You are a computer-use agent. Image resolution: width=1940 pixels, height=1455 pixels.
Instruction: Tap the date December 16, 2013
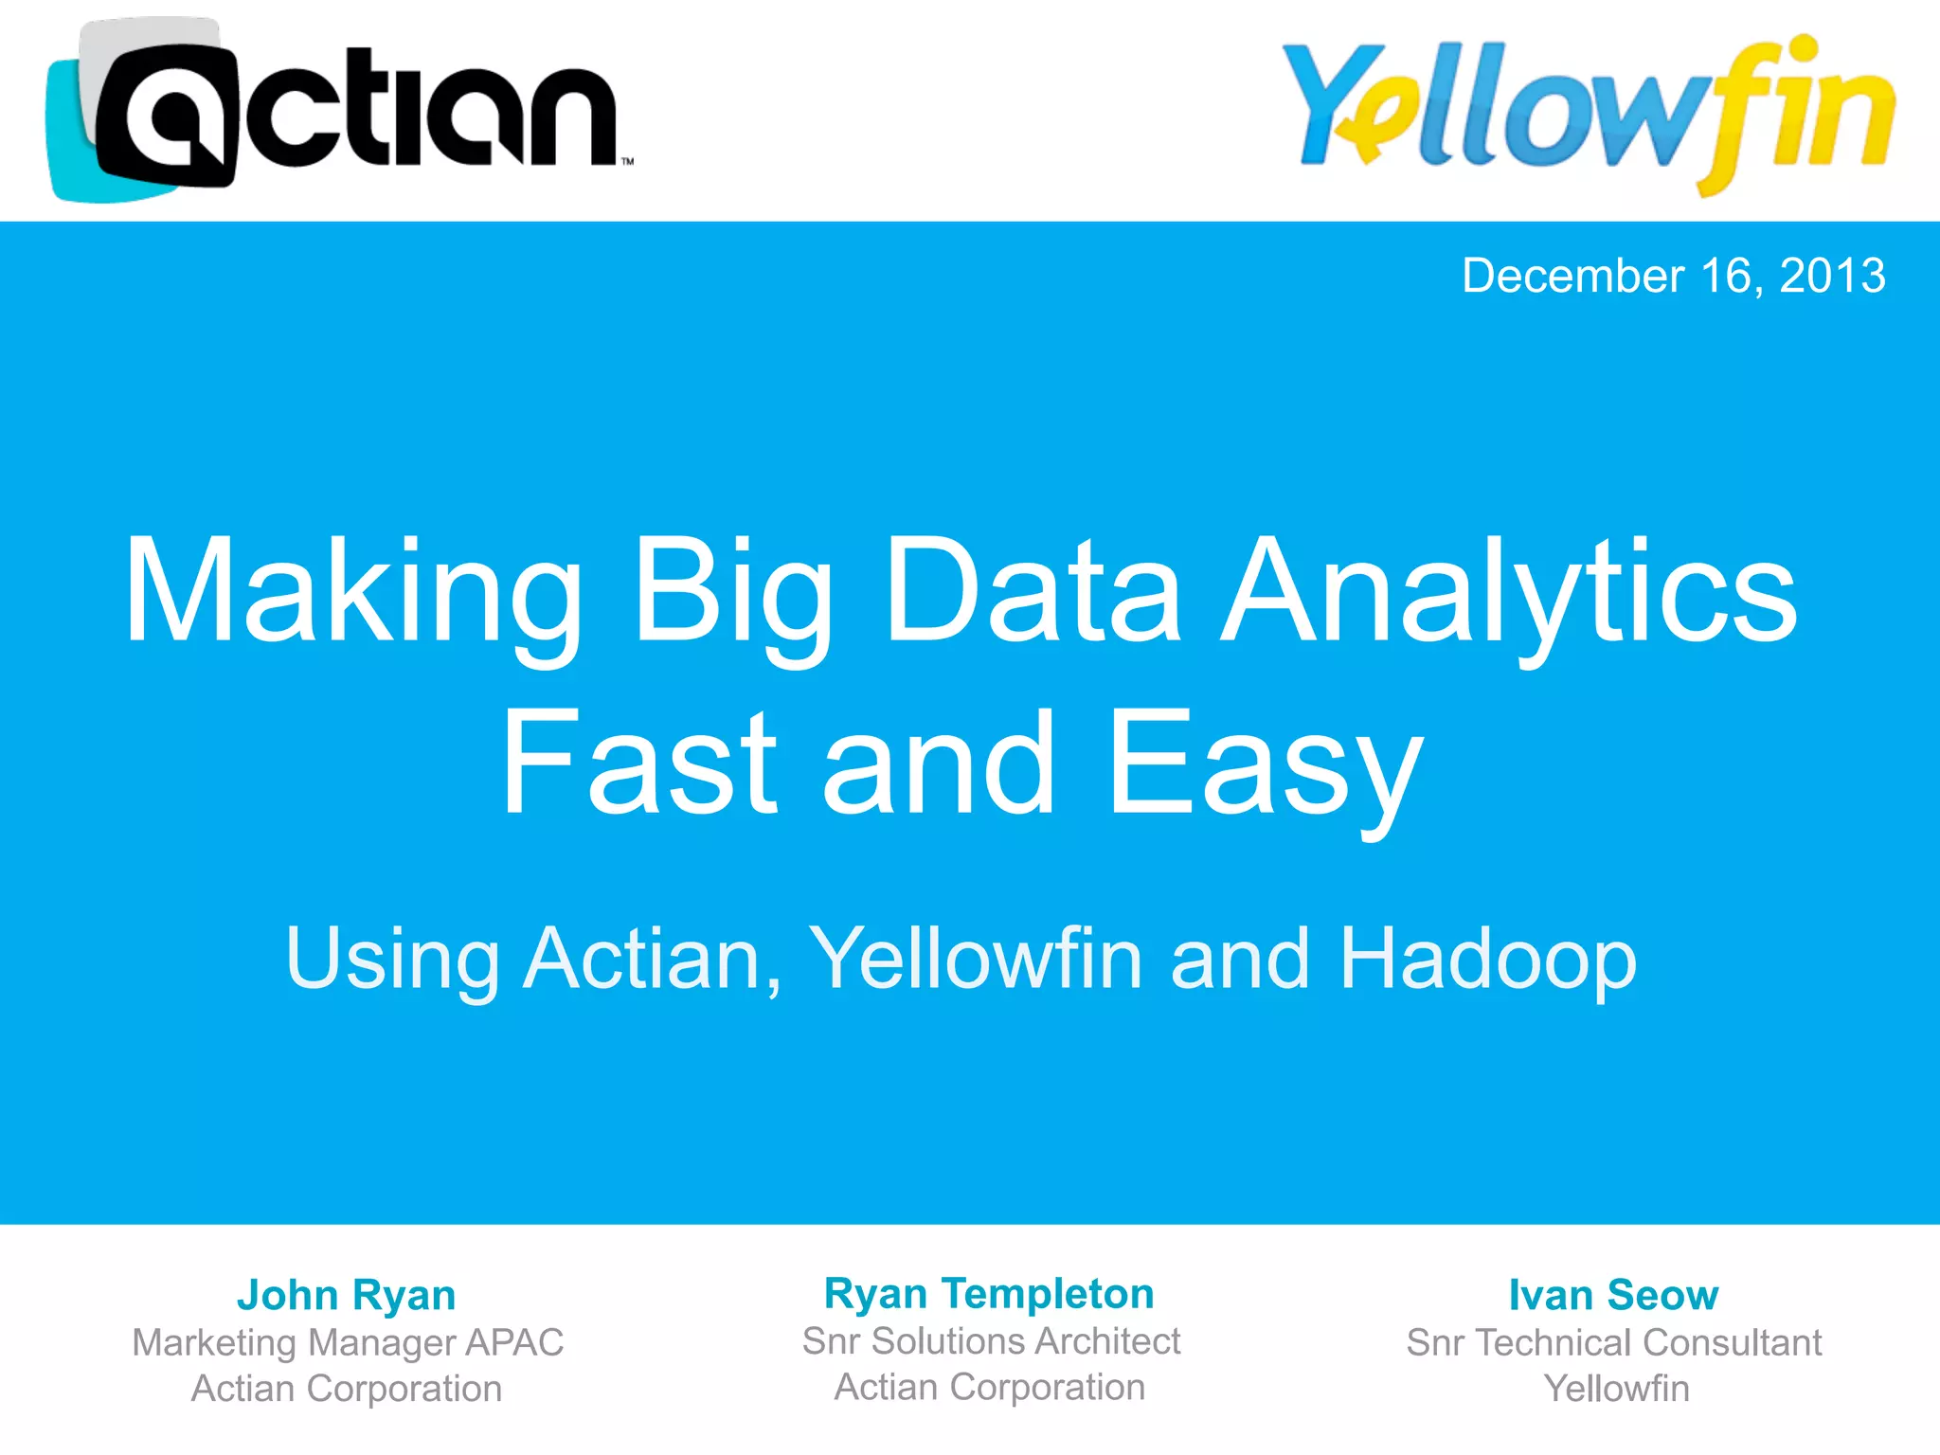(1673, 276)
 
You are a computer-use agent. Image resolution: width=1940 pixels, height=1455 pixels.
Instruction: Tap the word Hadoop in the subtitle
(1487, 959)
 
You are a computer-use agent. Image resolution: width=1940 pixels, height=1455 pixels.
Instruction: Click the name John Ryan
(347, 1295)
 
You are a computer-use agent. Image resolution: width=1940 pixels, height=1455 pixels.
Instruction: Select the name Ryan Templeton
(989, 1293)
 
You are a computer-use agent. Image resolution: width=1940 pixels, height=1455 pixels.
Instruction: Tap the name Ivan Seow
(1613, 1295)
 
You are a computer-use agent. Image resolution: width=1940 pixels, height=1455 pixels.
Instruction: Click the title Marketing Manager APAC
(348, 1342)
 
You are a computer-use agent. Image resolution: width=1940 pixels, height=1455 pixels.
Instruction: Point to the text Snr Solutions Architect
(991, 1340)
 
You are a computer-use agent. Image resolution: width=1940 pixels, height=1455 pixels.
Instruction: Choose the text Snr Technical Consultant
(1613, 1342)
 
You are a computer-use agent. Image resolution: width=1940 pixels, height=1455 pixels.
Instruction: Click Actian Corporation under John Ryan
(347, 1389)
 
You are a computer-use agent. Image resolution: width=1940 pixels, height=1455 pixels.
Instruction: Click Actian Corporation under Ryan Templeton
(990, 1387)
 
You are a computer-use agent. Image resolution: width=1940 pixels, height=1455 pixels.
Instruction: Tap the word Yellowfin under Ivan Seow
(1616, 1389)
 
